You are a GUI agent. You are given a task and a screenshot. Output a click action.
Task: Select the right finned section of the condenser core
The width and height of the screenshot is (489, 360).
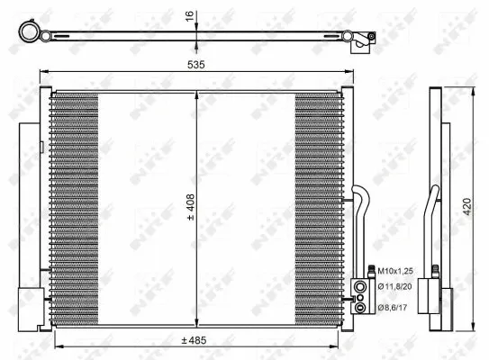pos(320,207)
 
